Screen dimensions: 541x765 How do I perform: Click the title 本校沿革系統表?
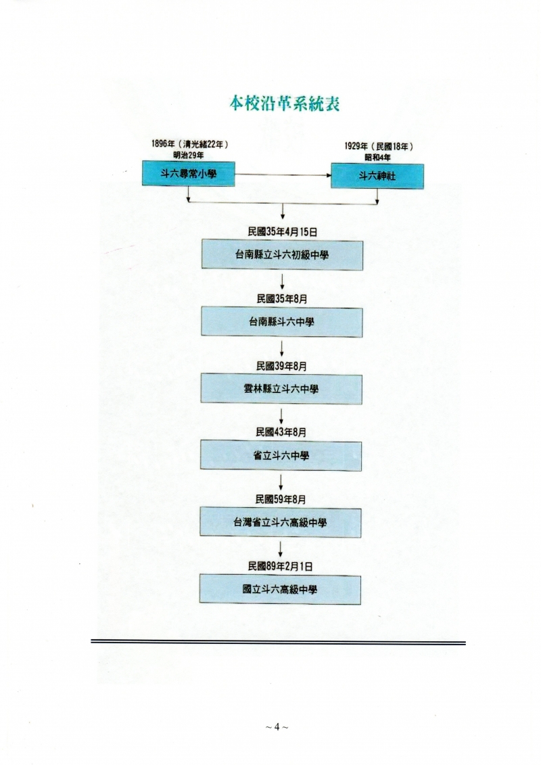[285, 103]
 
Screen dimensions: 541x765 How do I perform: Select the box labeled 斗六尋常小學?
[188, 174]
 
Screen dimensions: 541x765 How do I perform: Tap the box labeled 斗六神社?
[377, 176]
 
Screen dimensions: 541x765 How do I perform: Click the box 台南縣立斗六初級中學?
[282, 255]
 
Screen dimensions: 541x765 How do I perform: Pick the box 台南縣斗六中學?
[281, 322]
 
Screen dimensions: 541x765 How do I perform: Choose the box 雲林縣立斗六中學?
[281, 390]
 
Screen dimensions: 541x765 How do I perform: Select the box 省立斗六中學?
[281, 456]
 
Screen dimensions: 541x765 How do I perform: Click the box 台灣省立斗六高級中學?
[281, 523]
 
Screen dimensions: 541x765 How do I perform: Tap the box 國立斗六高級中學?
[280, 590]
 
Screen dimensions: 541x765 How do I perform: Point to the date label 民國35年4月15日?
[283, 232]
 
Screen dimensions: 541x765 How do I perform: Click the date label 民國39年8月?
[281, 366]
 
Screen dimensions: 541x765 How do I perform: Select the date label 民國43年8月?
[281, 432]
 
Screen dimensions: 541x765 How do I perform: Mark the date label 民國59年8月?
[281, 500]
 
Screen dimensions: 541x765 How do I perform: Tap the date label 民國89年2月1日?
[281, 566]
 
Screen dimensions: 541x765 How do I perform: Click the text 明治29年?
[189, 155]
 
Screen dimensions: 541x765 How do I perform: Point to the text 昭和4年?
[377, 158]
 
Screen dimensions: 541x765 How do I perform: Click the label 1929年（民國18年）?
[379, 146]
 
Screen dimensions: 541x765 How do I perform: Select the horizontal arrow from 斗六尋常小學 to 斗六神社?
[283, 175]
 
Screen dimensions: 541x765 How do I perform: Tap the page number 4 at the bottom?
[277, 727]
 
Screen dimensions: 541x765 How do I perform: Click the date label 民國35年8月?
[283, 299]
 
